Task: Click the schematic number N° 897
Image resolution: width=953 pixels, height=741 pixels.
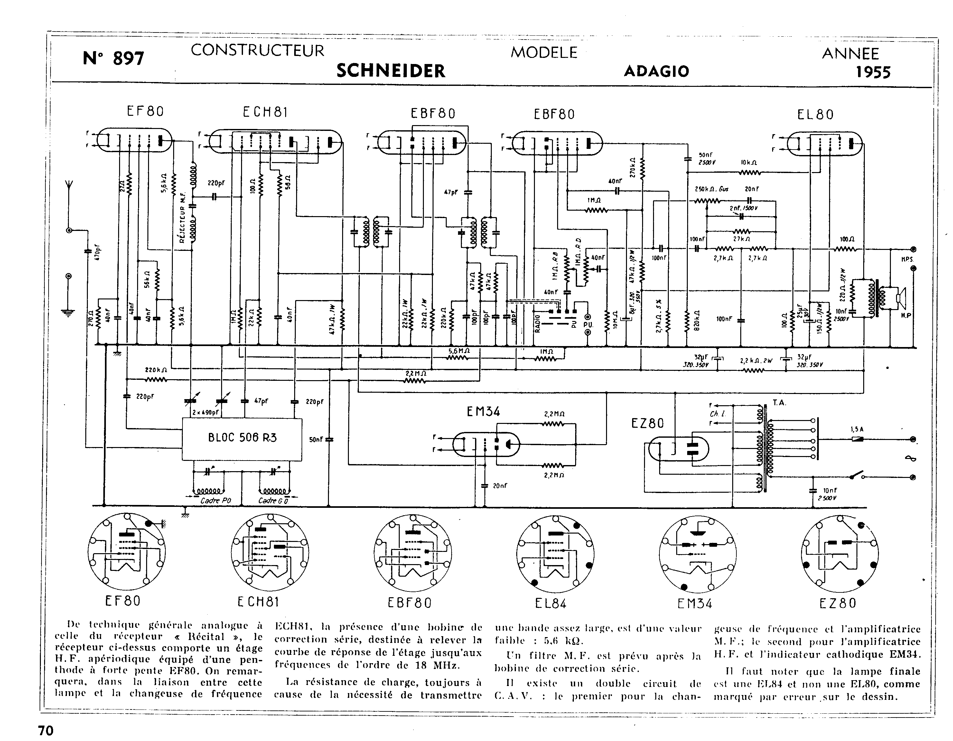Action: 113,58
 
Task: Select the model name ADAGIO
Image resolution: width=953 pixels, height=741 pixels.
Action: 656,71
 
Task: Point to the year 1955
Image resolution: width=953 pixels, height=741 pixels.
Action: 873,72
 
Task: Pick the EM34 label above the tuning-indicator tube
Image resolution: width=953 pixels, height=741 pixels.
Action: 483,412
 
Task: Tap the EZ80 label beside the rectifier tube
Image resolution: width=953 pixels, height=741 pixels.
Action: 647,423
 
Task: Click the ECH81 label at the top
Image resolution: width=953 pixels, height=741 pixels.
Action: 265,113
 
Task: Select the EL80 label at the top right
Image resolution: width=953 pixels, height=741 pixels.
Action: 815,115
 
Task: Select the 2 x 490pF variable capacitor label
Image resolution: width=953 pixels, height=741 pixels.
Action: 205,413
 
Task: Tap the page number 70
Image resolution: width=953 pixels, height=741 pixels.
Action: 46,730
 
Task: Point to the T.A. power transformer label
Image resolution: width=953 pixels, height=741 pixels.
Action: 779,403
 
